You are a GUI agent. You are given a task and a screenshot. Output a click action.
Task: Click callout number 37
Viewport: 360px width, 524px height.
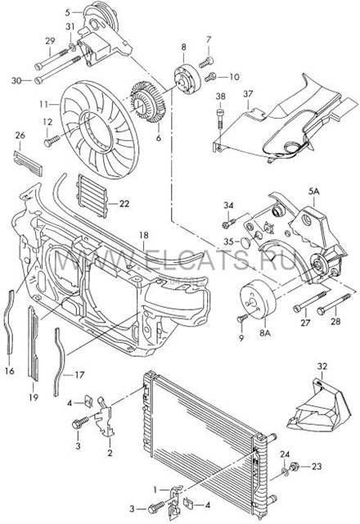click(248, 94)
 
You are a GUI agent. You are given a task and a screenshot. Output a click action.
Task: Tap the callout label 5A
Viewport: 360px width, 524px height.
click(313, 192)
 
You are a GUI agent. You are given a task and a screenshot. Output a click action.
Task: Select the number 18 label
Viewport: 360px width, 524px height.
click(144, 235)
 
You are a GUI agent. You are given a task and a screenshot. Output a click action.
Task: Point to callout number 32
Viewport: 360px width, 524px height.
click(322, 366)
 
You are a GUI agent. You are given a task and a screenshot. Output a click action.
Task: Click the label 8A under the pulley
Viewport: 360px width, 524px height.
click(264, 333)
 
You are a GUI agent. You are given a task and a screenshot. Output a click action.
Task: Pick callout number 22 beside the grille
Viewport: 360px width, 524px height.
click(124, 203)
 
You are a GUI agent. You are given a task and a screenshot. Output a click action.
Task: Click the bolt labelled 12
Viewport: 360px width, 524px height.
click(52, 141)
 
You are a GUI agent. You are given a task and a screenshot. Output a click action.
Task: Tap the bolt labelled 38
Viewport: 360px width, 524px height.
click(220, 120)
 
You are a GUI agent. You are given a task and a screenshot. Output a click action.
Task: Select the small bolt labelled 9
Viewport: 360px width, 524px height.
click(242, 318)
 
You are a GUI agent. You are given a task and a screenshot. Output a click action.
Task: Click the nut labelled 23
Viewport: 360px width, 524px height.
click(295, 466)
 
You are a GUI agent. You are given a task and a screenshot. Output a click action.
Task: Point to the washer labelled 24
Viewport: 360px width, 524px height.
click(285, 472)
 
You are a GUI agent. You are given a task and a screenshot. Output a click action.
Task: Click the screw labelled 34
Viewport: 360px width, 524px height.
click(229, 224)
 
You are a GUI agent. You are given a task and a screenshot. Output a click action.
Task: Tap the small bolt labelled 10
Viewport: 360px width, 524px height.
click(210, 77)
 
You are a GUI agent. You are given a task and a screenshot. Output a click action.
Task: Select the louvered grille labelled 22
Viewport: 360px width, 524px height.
click(92, 196)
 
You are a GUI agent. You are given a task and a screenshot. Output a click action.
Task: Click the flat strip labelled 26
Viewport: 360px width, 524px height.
click(28, 163)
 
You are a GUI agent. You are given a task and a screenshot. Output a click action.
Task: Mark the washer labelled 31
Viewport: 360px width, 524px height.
click(71, 46)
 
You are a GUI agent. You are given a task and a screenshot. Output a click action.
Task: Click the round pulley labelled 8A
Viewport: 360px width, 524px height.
click(258, 302)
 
